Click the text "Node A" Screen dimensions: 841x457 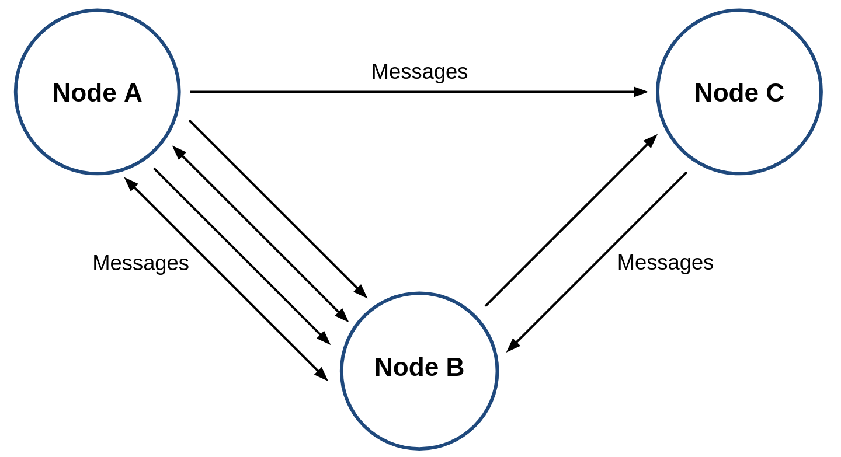click(97, 93)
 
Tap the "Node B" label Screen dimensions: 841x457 click(419, 367)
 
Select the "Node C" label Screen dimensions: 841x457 click(739, 93)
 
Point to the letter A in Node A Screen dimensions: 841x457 click(133, 93)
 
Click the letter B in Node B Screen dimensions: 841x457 click(455, 367)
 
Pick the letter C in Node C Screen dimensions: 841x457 click(775, 93)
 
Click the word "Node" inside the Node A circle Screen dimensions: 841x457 click(85, 93)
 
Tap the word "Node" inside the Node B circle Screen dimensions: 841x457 click(406, 367)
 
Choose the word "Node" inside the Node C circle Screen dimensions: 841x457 click(727, 93)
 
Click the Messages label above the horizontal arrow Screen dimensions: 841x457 click(419, 72)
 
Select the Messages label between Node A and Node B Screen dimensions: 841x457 click(141, 263)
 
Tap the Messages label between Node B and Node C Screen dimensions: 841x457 click(665, 263)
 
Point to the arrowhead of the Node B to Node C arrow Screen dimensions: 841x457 click(651, 141)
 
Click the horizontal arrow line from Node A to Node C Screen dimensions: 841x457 click(419, 92)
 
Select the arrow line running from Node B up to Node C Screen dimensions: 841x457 click(571, 220)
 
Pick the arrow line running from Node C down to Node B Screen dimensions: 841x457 click(597, 262)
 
